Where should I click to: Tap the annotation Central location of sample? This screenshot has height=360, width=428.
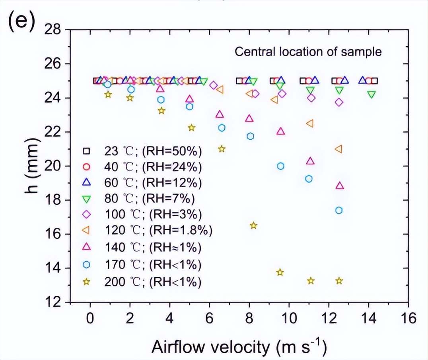click(x=308, y=52)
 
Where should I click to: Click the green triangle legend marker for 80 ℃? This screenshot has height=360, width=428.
click(x=86, y=198)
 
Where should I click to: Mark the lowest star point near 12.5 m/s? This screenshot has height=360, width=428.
click(x=339, y=281)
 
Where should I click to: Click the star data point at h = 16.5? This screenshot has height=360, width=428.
click(x=253, y=225)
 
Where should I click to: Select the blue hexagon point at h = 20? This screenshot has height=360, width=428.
click(x=281, y=166)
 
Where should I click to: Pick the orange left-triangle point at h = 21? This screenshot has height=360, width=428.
click(x=339, y=149)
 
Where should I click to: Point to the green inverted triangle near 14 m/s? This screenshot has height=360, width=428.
click(x=372, y=95)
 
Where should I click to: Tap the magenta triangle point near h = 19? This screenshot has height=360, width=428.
click(x=339, y=186)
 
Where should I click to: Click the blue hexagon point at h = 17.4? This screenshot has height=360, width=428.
click(x=339, y=210)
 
